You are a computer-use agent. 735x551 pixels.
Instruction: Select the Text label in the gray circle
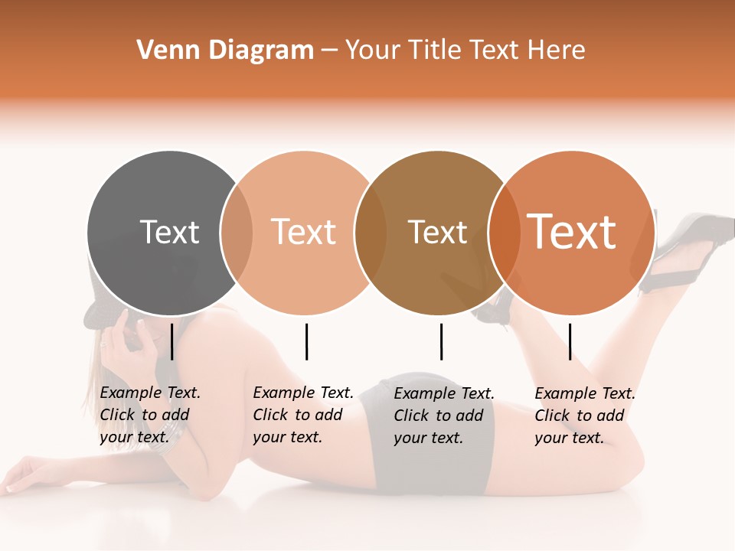tap(169, 232)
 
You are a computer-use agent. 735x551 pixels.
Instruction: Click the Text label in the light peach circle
tap(304, 232)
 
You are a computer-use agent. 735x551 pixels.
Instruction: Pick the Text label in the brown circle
tap(437, 232)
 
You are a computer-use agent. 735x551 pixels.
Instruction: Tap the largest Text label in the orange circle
tap(572, 232)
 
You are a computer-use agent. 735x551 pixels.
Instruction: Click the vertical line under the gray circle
tap(171, 341)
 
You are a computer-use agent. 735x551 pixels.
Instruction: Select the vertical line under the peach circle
tap(306, 341)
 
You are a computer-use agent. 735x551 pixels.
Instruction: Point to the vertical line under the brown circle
tap(441, 341)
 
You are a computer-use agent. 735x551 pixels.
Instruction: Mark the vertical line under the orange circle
tap(570, 341)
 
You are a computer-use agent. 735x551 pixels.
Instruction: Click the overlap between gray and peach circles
tap(237, 233)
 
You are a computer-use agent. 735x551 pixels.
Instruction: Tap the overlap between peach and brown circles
tap(371, 233)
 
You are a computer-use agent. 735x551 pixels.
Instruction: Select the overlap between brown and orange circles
tap(504, 233)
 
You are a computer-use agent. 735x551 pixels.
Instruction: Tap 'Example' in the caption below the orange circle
tap(566, 393)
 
